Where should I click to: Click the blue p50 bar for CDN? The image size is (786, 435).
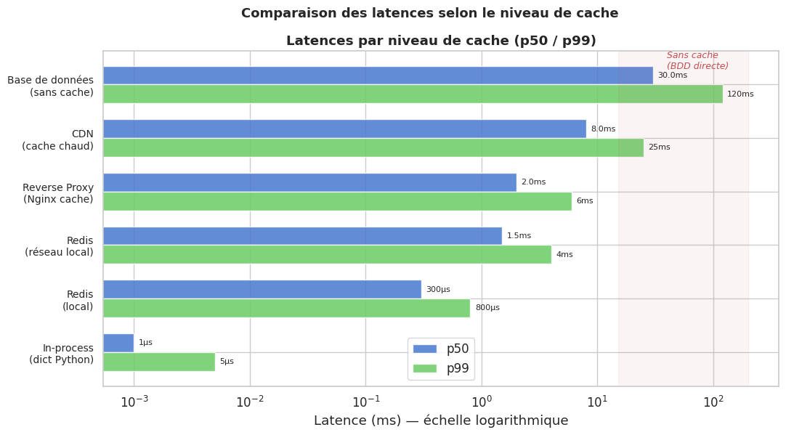[344, 129]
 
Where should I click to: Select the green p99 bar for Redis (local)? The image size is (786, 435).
[286, 308]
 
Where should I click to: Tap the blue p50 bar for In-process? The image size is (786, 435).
[118, 343]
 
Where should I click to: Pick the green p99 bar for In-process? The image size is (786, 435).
[159, 362]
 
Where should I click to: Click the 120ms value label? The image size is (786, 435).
[740, 94]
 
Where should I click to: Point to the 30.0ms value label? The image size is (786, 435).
[672, 76]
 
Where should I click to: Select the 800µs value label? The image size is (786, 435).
[487, 308]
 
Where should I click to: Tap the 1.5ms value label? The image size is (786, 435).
[519, 236]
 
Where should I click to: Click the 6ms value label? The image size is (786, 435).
[585, 201]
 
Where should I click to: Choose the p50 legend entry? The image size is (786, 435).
[442, 349]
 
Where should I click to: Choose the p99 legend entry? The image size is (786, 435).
[442, 369]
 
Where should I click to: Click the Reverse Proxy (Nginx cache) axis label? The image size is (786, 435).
[58, 194]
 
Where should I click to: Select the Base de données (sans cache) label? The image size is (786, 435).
[51, 86]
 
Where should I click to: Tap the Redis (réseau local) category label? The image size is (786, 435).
[59, 247]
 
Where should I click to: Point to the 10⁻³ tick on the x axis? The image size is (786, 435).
[134, 402]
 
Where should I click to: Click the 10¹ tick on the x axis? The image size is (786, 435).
[597, 402]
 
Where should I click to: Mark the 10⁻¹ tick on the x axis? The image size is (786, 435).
[365, 402]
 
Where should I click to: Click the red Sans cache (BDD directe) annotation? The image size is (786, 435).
[697, 61]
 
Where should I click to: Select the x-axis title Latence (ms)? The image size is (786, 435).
[440, 421]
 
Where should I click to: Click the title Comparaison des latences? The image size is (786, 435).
[429, 14]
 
